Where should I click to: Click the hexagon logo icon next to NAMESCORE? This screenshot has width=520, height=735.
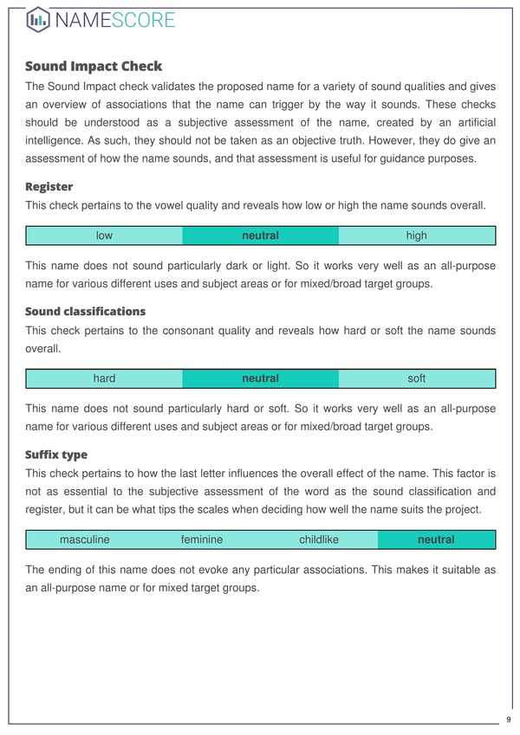[38, 19]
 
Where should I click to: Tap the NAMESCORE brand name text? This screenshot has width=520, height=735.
[114, 19]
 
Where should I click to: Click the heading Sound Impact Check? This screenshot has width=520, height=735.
[94, 66]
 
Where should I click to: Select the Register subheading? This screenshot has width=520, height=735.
[49, 186]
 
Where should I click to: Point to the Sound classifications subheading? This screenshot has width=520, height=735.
[86, 311]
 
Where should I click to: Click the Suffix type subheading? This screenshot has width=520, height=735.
[56, 454]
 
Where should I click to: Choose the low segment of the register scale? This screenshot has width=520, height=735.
[105, 235]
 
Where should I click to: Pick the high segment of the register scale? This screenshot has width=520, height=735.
[416, 235]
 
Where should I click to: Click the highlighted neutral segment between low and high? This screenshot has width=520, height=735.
[260, 235]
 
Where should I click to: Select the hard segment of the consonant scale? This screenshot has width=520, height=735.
[105, 378]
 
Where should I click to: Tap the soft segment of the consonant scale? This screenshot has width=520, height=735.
[416, 378]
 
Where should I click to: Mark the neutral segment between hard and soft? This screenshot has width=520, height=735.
[260, 378]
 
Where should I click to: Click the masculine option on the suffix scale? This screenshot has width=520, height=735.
[85, 539]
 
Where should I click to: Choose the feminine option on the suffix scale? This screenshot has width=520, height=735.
[202, 539]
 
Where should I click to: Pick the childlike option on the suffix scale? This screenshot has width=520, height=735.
[319, 539]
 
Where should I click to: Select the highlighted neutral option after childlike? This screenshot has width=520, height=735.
[436, 539]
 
